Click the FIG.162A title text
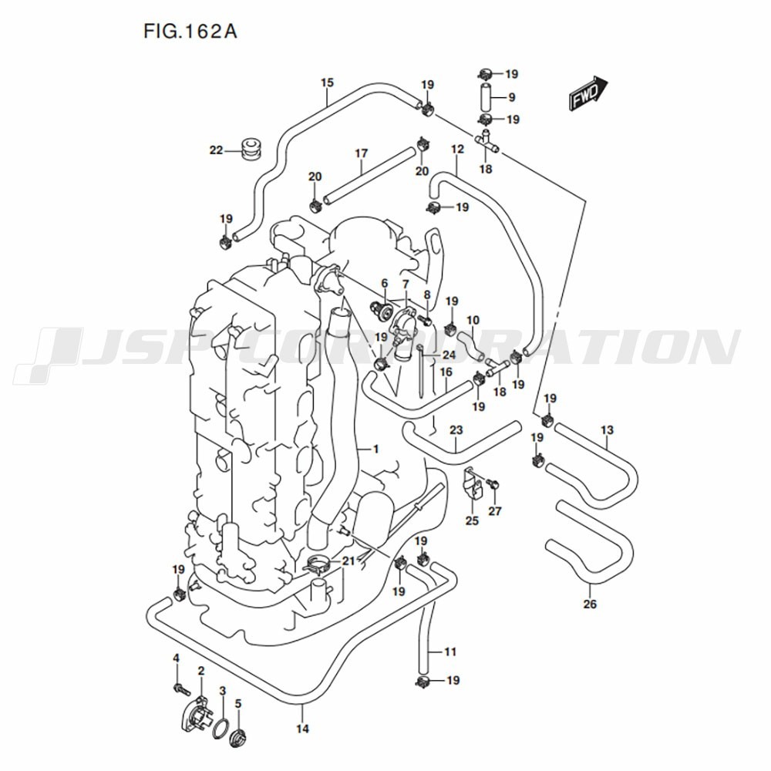(190, 32)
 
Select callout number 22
(215, 150)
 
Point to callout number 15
(327, 82)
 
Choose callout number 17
(362, 153)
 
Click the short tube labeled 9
(484, 98)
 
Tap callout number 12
(457, 149)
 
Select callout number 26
(590, 604)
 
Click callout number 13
(608, 429)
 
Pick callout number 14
(302, 729)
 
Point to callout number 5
(238, 703)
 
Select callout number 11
(450, 652)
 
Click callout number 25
(472, 520)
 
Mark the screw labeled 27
(494, 483)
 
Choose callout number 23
(456, 429)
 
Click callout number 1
(375, 448)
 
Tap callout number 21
(348, 561)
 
